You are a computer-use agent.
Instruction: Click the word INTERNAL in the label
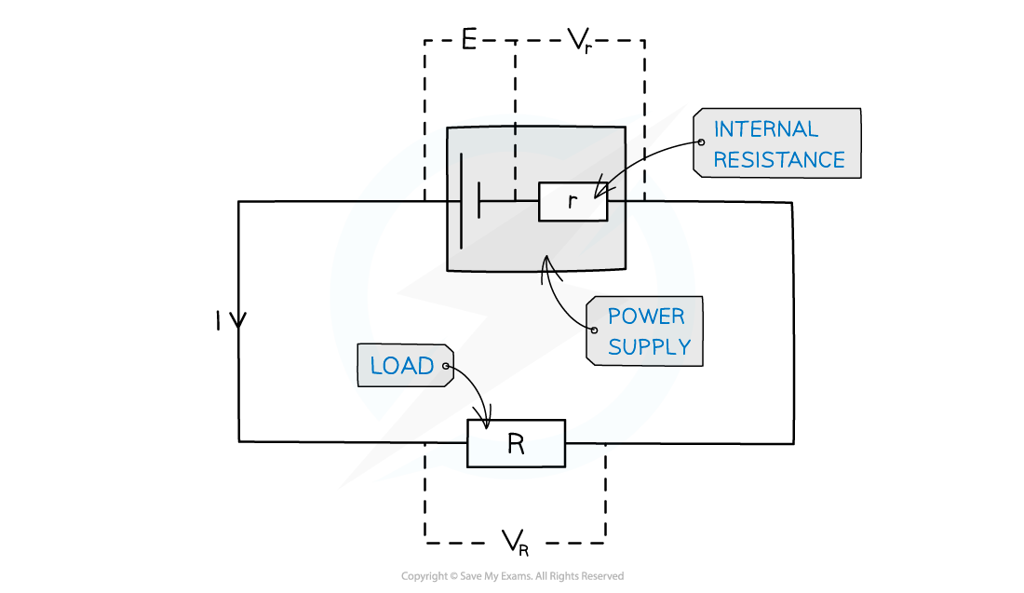tap(765, 129)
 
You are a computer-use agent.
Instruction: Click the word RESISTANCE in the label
tap(779, 160)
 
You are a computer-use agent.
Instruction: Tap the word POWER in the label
tap(646, 317)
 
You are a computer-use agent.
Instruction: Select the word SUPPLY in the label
tap(649, 347)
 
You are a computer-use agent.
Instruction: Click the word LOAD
tap(402, 367)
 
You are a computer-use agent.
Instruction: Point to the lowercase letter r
tap(572, 201)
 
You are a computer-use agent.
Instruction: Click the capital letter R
tap(516, 445)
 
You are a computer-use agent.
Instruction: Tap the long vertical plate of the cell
tap(461, 200)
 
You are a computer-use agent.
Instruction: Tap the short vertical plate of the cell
tap(479, 200)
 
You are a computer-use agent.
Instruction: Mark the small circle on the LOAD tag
tap(447, 367)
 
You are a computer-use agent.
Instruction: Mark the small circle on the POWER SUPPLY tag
tap(593, 330)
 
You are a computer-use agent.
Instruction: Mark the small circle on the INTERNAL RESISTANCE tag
tap(700, 142)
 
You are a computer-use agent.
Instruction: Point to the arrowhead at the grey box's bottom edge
tap(547, 264)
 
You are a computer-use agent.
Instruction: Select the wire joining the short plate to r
tap(509, 200)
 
